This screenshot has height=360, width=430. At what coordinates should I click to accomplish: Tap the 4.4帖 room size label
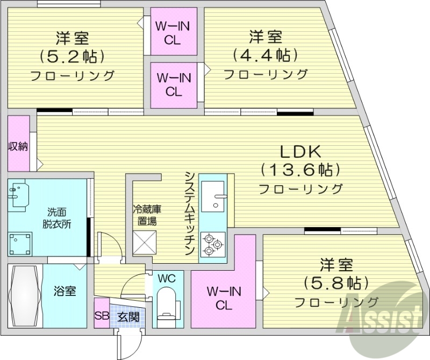tap(265, 55)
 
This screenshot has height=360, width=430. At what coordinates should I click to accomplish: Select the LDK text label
tap(300, 151)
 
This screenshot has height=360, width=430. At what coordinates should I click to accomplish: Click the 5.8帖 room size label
tap(336, 282)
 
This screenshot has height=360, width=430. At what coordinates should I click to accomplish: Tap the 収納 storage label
tap(18, 146)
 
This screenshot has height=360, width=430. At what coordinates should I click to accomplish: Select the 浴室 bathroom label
tap(64, 292)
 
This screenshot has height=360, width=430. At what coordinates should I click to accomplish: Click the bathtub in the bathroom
tap(24, 296)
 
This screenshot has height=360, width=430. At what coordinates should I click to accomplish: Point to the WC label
tap(167, 278)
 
